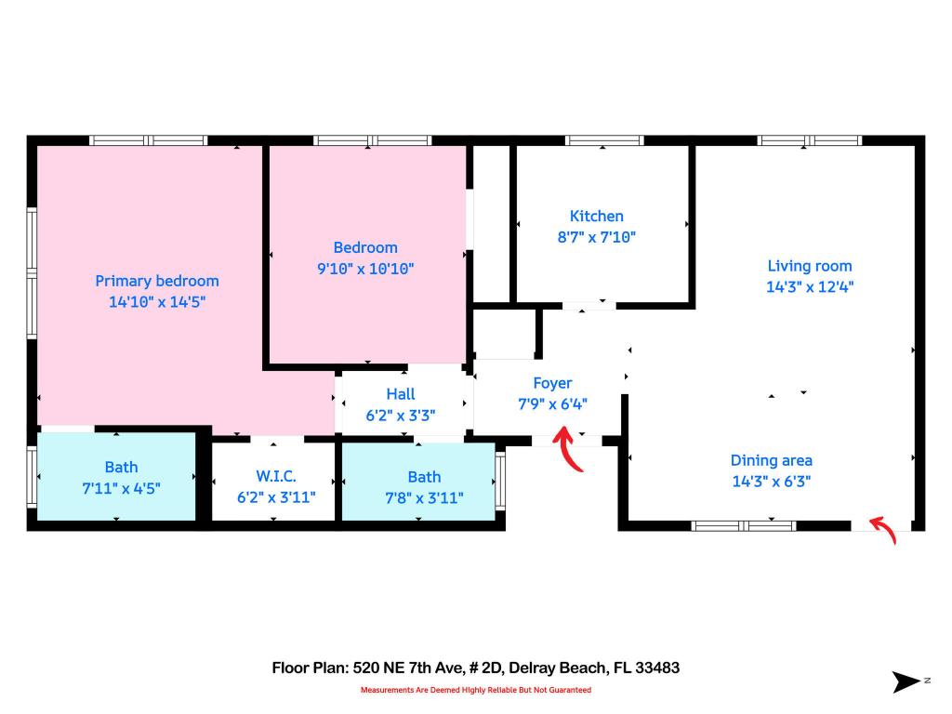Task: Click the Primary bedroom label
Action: (157, 281)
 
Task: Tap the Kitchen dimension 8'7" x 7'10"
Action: (597, 237)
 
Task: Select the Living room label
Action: (810, 266)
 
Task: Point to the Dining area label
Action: (771, 460)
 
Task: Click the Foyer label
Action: (552, 383)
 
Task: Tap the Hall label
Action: (401, 394)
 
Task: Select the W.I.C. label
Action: (276, 476)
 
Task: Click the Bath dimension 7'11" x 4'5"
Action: (121, 487)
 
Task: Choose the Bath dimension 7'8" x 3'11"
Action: (424, 497)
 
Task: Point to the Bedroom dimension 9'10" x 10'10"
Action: (365, 269)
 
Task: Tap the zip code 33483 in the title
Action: (655, 668)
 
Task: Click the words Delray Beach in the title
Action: (553, 668)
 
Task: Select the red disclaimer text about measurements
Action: (475, 690)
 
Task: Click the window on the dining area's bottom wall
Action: (744, 525)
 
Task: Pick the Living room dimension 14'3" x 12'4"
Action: (810, 287)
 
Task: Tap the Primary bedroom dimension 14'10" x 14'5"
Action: (157, 302)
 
